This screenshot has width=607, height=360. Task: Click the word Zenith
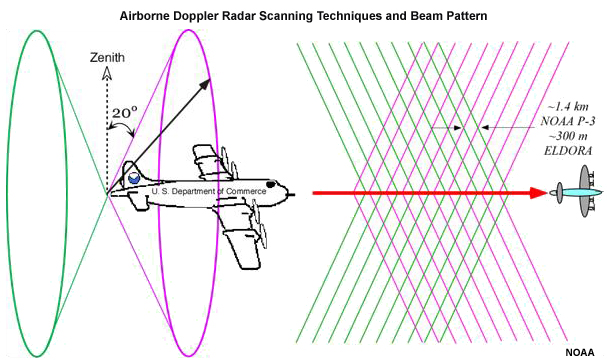click(x=107, y=58)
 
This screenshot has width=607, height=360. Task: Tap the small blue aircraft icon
click(x=575, y=191)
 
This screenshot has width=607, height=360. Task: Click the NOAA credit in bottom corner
click(x=582, y=351)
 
